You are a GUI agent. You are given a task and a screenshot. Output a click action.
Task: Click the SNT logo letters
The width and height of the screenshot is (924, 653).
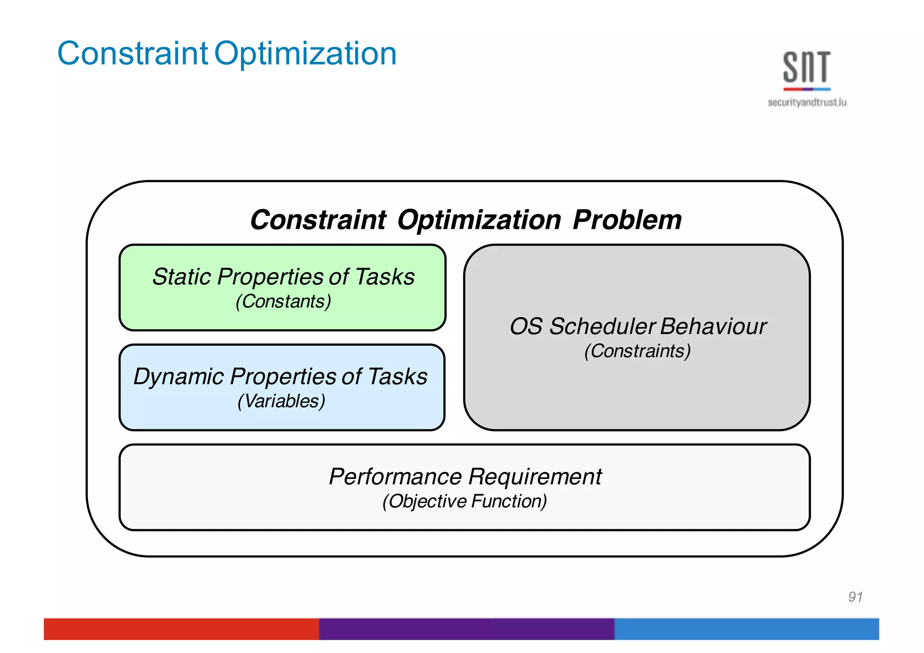[806, 68]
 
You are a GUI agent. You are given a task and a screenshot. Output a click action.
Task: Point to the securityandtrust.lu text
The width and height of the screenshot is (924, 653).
[807, 102]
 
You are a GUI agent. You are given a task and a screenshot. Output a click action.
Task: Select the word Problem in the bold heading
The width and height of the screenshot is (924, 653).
[627, 220]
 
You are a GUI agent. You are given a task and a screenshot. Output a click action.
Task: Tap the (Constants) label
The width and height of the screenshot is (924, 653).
[283, 301]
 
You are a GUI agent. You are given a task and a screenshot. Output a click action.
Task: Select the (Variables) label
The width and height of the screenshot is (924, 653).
[281, 401]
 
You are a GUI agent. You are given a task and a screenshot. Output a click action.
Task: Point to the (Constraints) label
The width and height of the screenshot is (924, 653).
[637, 351]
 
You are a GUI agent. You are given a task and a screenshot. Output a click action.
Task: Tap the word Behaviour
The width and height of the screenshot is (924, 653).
[713, 326]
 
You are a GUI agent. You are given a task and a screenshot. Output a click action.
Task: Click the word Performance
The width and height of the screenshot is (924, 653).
[395, 477]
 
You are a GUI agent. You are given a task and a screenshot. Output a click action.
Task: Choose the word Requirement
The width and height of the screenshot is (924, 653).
[535, 477]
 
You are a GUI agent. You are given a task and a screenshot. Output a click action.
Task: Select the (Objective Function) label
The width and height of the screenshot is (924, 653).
[465, 501]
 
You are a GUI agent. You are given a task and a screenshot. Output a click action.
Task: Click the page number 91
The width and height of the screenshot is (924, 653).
[855, 597]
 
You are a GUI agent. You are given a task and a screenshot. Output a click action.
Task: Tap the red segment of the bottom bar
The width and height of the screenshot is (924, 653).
[180, 629]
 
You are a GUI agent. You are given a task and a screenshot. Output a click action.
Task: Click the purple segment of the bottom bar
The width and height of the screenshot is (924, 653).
[466, 629]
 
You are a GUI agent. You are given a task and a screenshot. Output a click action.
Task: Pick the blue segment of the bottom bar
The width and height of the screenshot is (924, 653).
[746, 629]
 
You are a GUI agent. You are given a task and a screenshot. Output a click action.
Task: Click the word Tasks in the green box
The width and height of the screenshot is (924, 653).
[384, 277]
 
